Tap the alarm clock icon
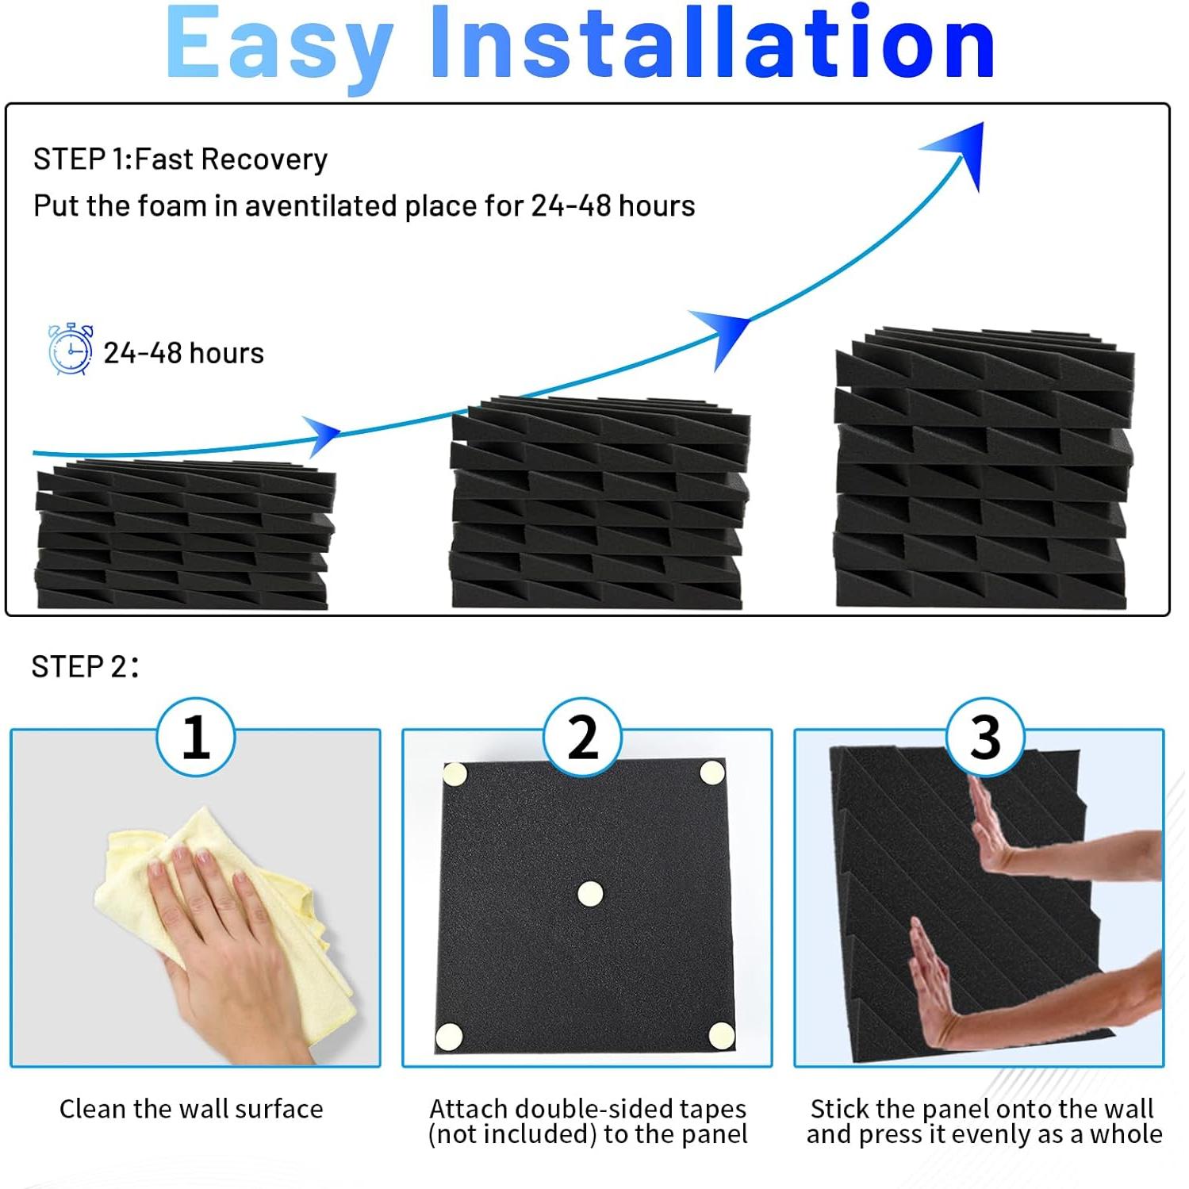[71, 349]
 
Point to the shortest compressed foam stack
[184, 535]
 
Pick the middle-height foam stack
[599, 504]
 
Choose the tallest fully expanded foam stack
[984, 468]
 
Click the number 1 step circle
[196, 737]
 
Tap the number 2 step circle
[583, 737]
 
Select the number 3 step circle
[985, 737]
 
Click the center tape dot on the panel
[590, 894]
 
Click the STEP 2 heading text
[84, 667]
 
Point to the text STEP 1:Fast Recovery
[180, 159]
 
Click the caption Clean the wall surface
[191, 1109]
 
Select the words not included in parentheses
[512, 1135]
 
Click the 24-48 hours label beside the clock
[183, 353]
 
